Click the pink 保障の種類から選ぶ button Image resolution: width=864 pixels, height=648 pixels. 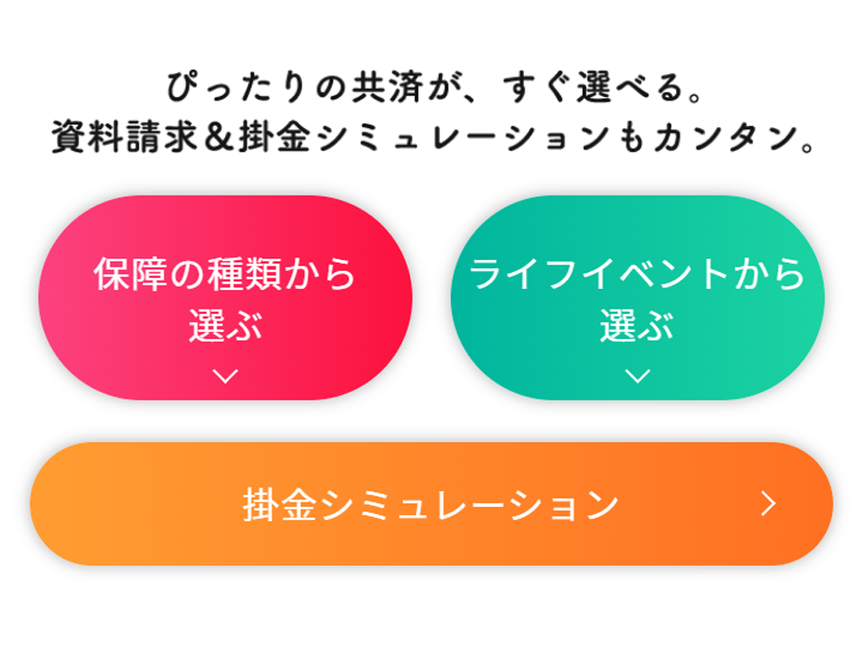pyautogui.click(x=225, y=298)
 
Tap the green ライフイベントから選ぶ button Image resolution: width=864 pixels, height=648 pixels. pyautogui.click(x=637, y=298)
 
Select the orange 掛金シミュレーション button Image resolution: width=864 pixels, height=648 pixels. pyautogui.click(x=431, y=504)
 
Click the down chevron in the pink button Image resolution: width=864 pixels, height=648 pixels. pyautogui.click(x=225, y=376)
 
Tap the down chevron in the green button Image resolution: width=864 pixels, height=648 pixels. pyautogui.click(x=638, y=376)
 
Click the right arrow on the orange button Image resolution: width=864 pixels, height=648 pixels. pyautogui.click(x=769, y=504)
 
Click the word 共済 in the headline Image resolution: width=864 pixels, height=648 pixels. pyautogui.click(x=387, y=87)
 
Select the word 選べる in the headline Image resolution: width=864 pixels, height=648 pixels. pyautogui.click(x=629, y=87)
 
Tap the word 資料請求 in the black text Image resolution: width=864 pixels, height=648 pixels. pyautogui.click(x=124, y=137)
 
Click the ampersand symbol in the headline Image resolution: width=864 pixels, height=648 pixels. pyautogui.click(x=219, y=137)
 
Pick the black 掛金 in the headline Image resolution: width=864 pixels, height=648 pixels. pyautogui.click(x=274, y=137)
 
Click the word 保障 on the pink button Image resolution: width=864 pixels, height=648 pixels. pyautogui.click(x=130, y=274)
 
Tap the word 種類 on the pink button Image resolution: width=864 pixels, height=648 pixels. pyautogui.click(x=244, y=274)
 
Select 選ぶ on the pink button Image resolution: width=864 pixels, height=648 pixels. pyautogui.click(x=225, y=325)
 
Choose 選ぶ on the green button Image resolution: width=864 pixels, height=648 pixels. pyautogui.click(x=637, y=325)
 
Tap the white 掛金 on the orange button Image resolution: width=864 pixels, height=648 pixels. pyautogui.click(x=280, y=504)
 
